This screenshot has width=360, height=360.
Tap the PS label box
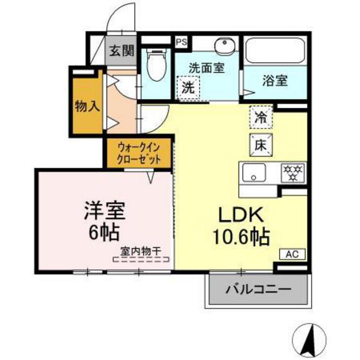tap(181, 42)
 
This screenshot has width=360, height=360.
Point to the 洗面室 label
tap(207, 67)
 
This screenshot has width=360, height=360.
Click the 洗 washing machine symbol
tap(187, 85)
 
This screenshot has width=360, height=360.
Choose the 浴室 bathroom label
tap(274, 82)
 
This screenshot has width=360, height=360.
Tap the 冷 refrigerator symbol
tap(261, 118)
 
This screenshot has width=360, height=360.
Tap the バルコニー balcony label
tap(256, 289)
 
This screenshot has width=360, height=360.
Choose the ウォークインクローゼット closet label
tap(139, 152)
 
